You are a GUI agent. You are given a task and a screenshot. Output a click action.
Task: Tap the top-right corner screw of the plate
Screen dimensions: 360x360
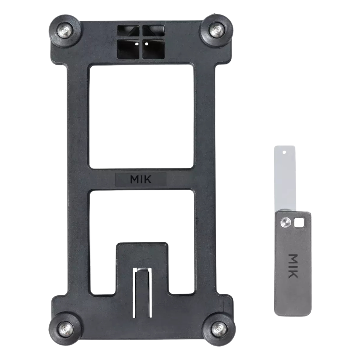click(x=216, y=30)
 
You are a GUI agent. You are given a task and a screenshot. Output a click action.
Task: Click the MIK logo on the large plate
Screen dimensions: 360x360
click(x=141, y=180)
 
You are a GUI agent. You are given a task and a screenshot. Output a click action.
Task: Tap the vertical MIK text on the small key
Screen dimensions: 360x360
click(x=293, y=266)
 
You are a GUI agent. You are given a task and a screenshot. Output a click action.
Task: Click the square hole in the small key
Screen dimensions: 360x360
click(x=299, y=222)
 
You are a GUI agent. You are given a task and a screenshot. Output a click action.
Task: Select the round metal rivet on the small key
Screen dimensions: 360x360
click(x=286, y=222)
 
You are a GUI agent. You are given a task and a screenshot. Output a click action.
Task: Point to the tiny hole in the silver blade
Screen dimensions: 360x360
click(x=284, y=152)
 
